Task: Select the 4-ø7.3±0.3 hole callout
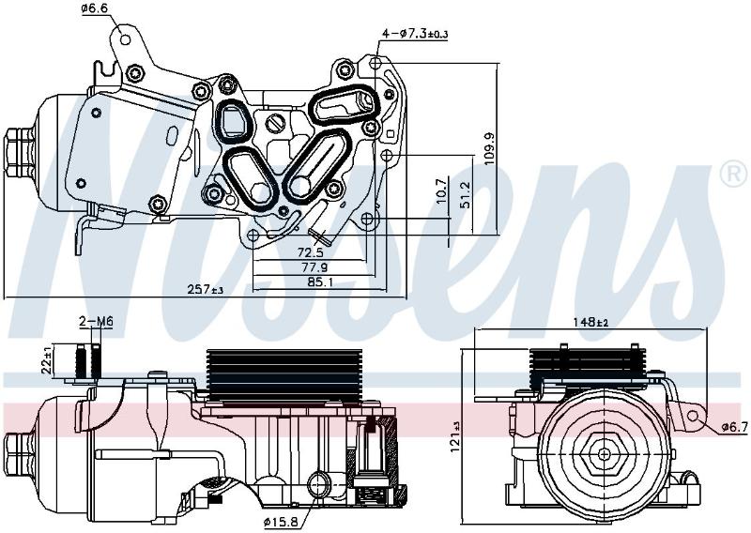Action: [415, 34]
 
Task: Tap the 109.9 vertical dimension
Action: [489, 148]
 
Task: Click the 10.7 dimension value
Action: [442, 190]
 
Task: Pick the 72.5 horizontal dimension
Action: [311, 252]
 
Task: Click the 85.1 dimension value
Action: [320, 282]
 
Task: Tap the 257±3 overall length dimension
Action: [206, 289]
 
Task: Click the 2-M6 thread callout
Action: [96, 322]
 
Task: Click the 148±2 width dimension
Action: [590, 322]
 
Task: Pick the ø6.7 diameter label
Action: [735, 426]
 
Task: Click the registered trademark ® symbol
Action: [733, 174]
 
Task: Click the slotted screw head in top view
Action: [275, 123]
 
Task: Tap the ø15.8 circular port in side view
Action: [319, 484]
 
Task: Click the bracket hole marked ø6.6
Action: [126, 39]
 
